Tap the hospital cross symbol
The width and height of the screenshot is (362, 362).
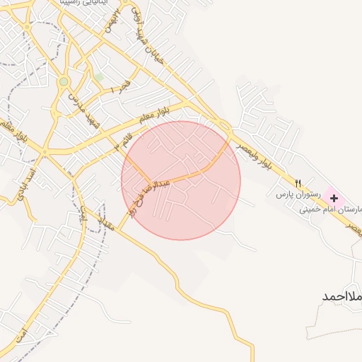334,199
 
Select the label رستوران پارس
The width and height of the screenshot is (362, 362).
298,193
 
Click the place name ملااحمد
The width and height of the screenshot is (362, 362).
342,296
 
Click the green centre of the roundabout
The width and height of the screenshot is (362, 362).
64,82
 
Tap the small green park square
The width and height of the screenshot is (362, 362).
98,76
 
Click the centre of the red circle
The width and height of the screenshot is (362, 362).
181,180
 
